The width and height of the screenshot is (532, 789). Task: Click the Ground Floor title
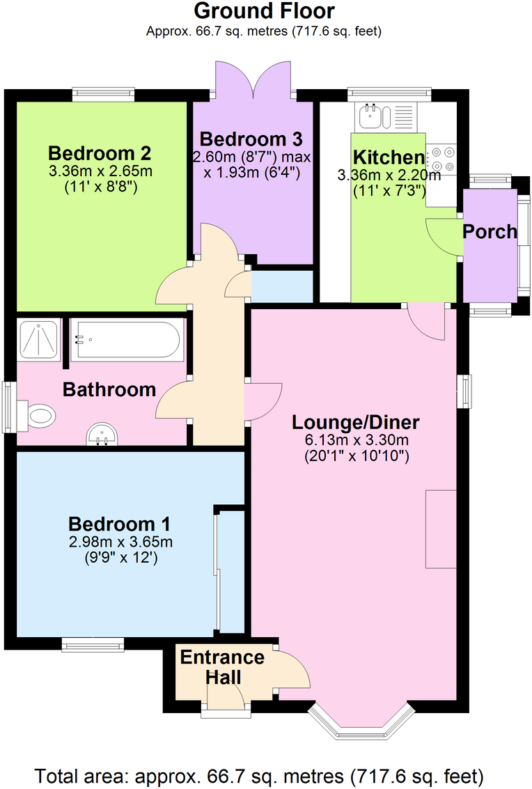(264, 11)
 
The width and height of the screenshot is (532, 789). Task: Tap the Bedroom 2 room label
(100, 153)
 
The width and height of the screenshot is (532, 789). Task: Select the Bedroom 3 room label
(251, 138)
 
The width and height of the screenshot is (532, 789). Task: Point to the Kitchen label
(389, 157)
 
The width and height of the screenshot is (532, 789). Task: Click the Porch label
(491, 231)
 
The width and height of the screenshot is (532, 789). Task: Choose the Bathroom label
(109, 389)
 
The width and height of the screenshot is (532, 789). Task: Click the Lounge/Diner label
(356, 422)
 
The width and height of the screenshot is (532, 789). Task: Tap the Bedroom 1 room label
(119, 524)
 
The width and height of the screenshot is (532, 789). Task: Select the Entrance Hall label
(222, 667)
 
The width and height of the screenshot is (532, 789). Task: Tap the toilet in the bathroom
(39, 416)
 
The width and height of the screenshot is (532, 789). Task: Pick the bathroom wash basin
(102, 437)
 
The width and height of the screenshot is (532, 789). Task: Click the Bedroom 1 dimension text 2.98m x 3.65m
(119, 542)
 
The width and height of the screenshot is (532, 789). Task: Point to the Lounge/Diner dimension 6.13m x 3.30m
(356, 440)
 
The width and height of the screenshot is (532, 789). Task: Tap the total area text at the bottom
(259, 775)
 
